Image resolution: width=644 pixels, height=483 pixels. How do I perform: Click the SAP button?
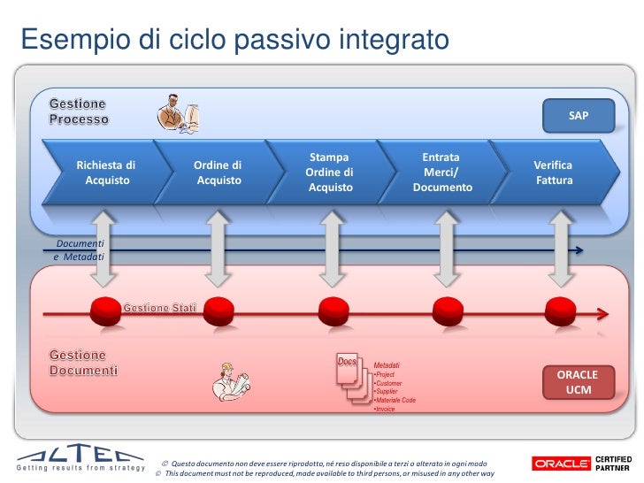(x=578, y=116)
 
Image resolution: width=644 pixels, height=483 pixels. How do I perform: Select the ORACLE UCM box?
(x=578, y=382)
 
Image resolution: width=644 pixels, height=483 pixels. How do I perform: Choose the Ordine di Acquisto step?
(x=218, y=172)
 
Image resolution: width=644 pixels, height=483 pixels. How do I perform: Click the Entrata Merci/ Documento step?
(x=441, y=172)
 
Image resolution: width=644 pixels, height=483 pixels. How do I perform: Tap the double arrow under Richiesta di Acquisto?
(x=105, y=249)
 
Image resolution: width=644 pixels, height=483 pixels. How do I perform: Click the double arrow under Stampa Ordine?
(x=331, y=249)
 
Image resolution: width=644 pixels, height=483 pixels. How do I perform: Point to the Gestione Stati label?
(x=159, y=307)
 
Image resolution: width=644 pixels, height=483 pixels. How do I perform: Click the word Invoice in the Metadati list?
(x=385, y=410)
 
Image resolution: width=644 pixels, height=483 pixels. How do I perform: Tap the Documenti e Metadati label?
(x=80, y=249)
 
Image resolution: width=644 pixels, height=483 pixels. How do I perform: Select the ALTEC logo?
(x=80, y=458)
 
